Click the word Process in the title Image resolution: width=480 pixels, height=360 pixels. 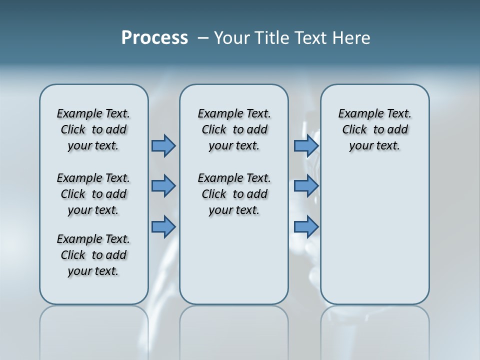click(154, 38)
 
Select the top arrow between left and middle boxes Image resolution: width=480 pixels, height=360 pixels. click(163, 145)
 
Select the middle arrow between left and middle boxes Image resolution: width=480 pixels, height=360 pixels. click(163, 186)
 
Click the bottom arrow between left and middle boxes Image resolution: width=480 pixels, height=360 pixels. click(163, 226)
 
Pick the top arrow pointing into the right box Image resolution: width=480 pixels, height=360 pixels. click(306, 145)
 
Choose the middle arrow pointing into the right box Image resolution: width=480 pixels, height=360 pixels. click(306, 186)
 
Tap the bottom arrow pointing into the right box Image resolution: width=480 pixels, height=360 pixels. click(306, 226)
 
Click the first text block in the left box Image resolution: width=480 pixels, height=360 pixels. click(93, 129)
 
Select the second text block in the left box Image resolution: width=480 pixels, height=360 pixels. click(93, 194)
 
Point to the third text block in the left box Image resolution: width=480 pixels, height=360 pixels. click(93, 255)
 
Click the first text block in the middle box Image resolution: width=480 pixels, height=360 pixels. click(234, 129)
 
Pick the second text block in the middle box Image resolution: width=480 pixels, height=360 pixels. click(234, 194)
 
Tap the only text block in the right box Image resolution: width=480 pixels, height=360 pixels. click(374, 129)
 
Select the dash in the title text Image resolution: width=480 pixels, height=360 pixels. click(203, 38)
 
